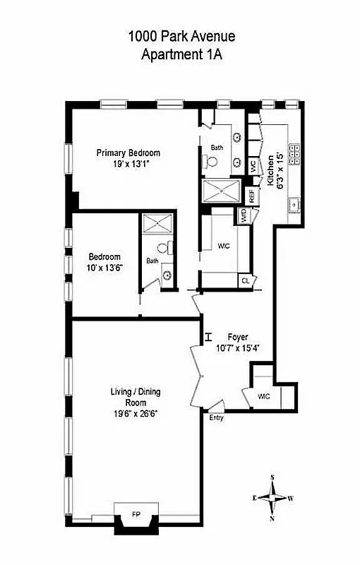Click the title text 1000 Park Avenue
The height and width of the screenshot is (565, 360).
tap(181, 36)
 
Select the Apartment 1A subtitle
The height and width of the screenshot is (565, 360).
tap(181, 54)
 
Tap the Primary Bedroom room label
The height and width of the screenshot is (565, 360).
tap(128, 153)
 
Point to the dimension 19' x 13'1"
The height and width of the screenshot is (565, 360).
tap(128, 163)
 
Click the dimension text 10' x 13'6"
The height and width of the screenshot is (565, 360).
tap(104, 268)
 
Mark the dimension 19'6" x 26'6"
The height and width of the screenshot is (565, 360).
tap(133, 413)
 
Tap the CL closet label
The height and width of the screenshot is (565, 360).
tap(245, 280)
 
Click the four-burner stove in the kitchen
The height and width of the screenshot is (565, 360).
tap(296, 150)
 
